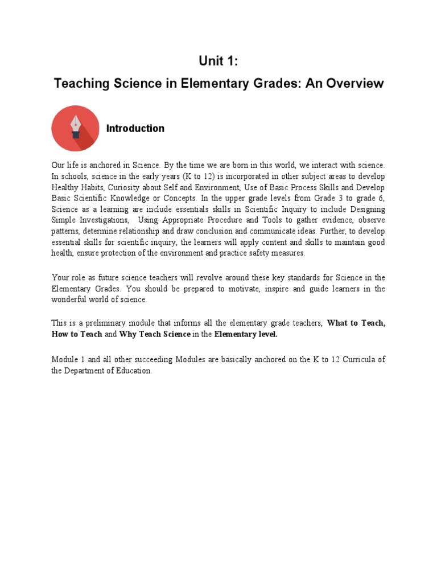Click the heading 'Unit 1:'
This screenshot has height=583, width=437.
(x=218, y=62)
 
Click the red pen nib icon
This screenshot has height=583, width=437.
(x=75, y=128)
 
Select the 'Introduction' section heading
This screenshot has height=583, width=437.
(x=135, y=129)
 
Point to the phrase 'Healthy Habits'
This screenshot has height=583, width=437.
(x=76, y=187)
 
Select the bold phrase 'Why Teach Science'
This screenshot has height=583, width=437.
(x=155, y=334)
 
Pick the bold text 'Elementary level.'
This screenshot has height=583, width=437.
(x=246, y=334)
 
